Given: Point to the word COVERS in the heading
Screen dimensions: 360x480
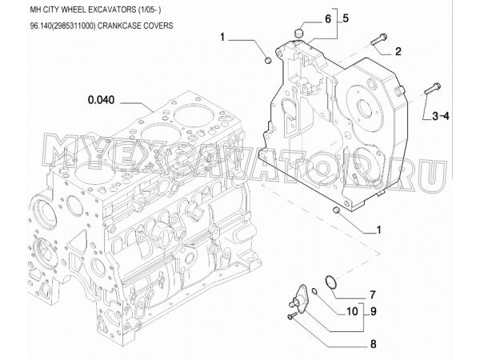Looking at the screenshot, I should pyautogui.click(x=159, y=26).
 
